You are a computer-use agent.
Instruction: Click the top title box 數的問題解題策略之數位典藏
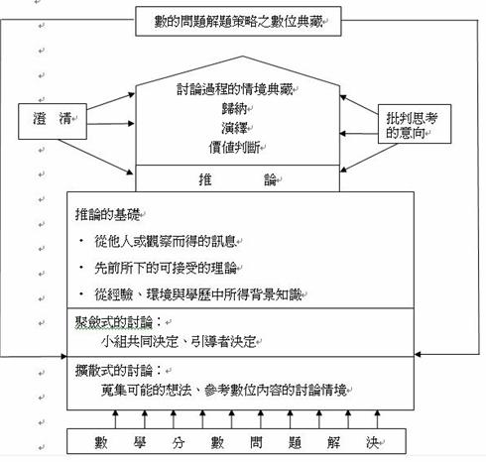(238, 21)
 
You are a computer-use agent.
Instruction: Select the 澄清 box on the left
(53, 121)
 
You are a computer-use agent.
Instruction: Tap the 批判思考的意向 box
(415, 124)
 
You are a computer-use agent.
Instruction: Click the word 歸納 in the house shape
(235, 108)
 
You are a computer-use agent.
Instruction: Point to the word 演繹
(235, 128)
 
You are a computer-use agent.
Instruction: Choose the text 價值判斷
(235, 148)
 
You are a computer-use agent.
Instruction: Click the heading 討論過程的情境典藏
(235, 89)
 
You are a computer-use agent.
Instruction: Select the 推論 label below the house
(238, 179)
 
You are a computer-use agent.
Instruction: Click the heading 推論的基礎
(108, 214)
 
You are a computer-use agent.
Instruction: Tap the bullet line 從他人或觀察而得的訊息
(166, 241)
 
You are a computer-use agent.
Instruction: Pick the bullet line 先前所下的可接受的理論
(166, 268)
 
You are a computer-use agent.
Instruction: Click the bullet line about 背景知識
(198, 294)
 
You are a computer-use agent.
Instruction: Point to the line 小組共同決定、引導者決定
(179, 342)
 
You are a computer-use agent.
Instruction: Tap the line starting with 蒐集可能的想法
(224, 391)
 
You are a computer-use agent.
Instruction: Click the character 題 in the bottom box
(295, 442)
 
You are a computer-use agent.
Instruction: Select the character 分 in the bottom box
(179, 442)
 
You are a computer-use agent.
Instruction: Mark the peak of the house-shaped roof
(243, 57)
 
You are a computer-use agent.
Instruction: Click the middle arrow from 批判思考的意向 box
(359, 134)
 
